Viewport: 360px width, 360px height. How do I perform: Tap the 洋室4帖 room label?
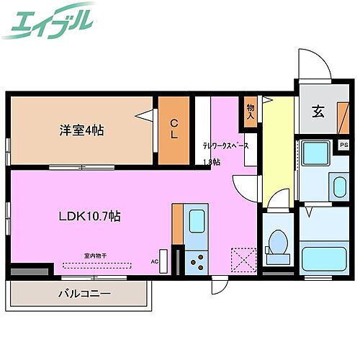coord(81,130)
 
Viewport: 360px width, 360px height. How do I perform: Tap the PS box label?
coord(343,145)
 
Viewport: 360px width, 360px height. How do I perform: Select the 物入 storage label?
coord(251,110)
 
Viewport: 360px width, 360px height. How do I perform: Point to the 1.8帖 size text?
coord(212,161)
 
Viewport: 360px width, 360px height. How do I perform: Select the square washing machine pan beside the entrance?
coord(314,153)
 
